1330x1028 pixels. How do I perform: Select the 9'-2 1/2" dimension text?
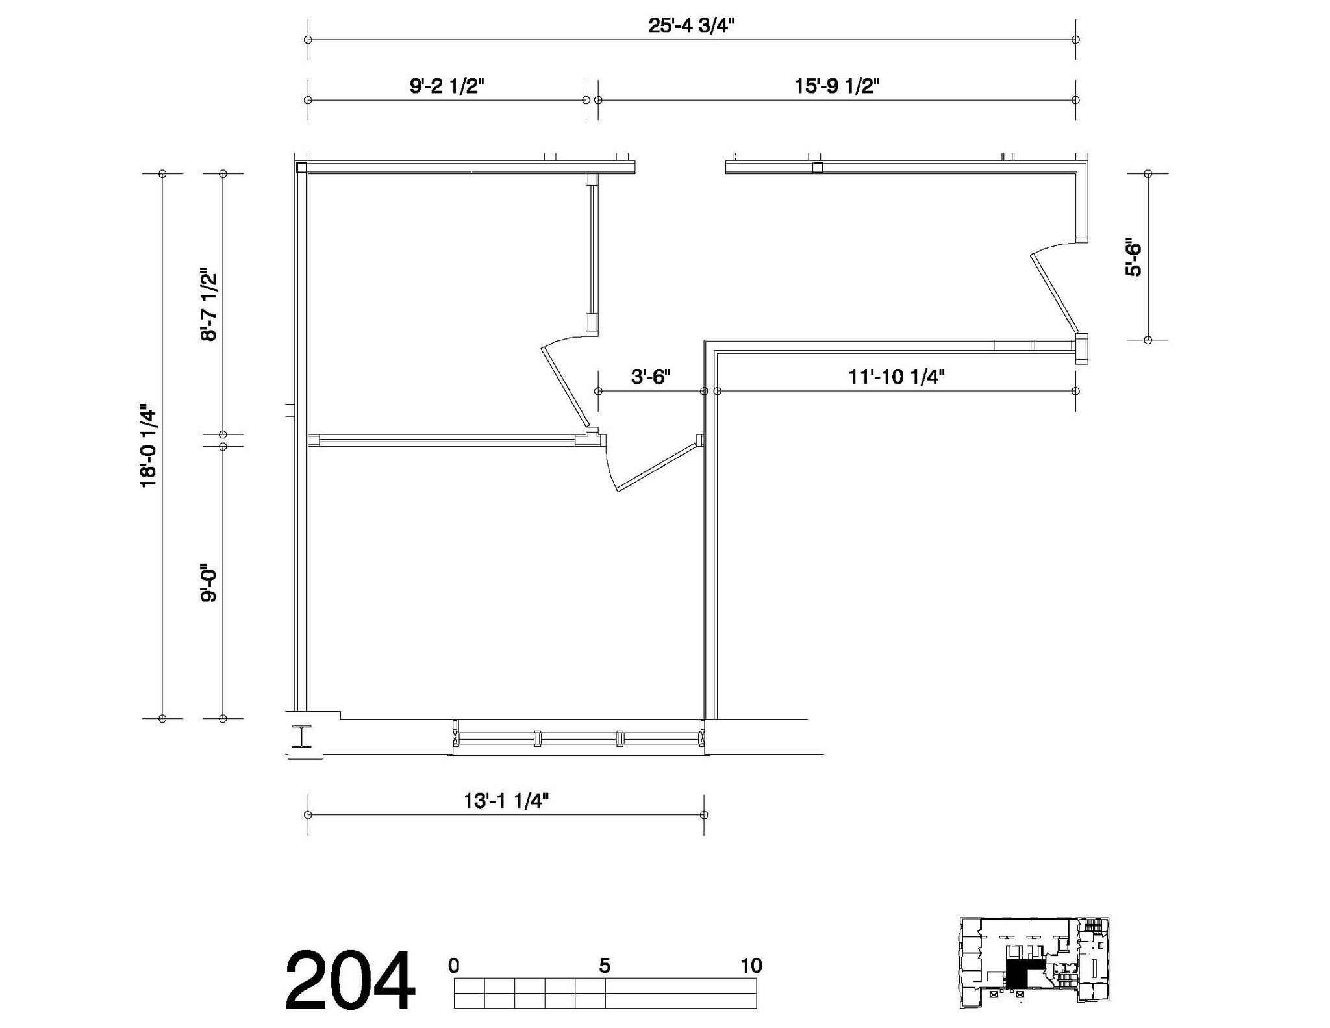tap(447, 86)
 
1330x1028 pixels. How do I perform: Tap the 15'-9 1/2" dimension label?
tap(837, 86)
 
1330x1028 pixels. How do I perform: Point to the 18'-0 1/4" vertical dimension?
tap(149, 446)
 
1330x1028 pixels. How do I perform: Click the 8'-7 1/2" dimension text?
tap(208, 304)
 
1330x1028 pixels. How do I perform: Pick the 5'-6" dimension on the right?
tap(1133, 259)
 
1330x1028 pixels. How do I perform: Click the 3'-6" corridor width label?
tap(651, 377)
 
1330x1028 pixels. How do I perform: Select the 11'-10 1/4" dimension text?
tap(896, 377)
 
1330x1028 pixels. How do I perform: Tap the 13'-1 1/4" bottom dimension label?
tap(506, 801)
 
